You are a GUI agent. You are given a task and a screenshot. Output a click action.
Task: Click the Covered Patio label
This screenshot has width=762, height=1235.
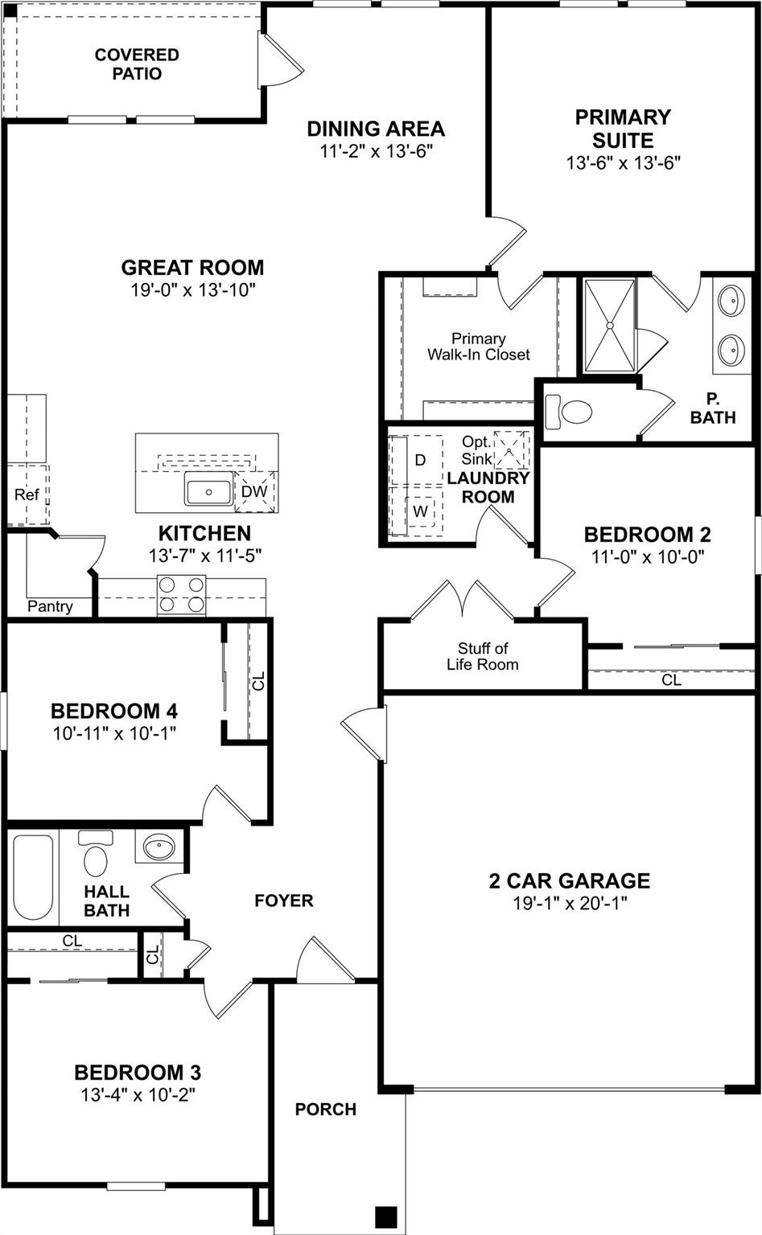click(137, 64)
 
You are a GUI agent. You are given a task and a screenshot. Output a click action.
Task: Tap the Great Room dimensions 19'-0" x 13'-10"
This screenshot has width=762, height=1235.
click(193, 290)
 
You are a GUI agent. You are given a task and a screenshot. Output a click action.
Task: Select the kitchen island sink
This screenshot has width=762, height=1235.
click(208, 490)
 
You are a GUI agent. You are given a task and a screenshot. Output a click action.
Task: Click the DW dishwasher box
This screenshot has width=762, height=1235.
click(254, 491)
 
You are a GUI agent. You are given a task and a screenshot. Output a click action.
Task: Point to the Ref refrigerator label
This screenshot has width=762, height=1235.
click(26, 494)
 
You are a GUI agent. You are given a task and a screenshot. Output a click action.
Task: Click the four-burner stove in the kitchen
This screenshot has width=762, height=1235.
click(182, 595)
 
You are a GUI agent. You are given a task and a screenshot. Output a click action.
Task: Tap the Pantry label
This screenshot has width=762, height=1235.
click(50, 606)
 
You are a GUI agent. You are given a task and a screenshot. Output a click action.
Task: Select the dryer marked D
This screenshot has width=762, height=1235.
click(419, 460)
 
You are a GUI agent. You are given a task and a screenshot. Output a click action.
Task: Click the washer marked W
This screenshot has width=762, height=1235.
click(419, 511)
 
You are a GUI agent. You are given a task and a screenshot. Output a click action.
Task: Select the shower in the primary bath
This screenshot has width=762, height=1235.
click(609, 326)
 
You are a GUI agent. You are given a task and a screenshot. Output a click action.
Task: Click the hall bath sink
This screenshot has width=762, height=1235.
click(159, 847)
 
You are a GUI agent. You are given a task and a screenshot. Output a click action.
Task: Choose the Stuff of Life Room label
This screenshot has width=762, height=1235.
click(483, 656)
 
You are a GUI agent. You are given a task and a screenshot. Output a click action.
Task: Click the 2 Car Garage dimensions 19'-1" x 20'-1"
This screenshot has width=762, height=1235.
click(570, 903)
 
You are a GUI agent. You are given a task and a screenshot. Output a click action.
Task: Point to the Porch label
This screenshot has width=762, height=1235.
click(325, 1109)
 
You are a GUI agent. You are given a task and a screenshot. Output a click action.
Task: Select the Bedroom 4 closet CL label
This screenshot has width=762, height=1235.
click(258, 682)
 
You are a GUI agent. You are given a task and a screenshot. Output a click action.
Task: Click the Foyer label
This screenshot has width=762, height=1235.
click(284, 901)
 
